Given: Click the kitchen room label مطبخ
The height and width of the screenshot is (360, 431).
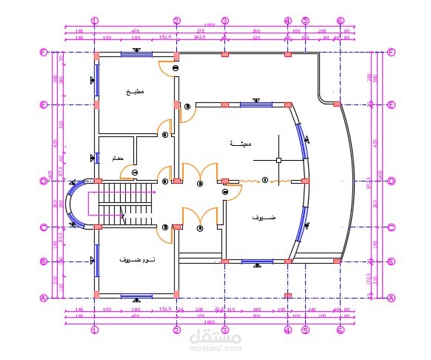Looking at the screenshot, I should pos(135,91).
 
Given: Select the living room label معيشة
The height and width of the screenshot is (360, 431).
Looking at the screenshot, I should pos(240,143).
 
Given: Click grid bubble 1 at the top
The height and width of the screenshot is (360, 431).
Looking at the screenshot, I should pos(94,20).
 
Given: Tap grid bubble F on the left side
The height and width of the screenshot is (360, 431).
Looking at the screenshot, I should pos(43,53).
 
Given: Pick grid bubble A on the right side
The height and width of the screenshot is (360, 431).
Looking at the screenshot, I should pos(390,297).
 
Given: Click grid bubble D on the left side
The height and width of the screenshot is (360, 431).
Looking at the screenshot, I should pos(43,180).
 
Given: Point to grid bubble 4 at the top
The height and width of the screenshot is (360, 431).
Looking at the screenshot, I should pos(287,20).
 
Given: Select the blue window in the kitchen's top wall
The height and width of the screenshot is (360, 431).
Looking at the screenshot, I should pos(137,53).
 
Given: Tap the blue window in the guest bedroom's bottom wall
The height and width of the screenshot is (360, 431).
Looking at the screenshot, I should pos(136,296).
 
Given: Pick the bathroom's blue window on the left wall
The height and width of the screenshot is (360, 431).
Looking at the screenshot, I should pos(96,157).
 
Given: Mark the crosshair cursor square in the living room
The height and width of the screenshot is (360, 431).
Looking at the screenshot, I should pos(278,159).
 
